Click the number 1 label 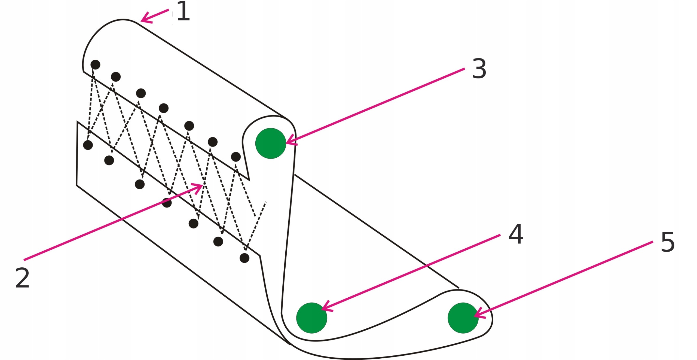[x=183, y=11]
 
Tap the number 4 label [x=516, y=234]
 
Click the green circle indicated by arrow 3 [x=271, y=143]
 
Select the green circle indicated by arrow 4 [x=311, y=318]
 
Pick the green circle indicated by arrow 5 [x=463, y=318]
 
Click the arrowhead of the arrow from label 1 [x=142, y=20]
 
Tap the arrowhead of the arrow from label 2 [x=201, y=185]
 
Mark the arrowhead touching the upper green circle [x=288, y=142]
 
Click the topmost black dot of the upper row [x=95, y=65]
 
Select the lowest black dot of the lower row [x=244, y=258]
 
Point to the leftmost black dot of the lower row [x=88, y=145]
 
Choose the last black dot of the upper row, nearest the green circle [x=236, y=157]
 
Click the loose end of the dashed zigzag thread [x=265, y=202]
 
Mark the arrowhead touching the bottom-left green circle [x=323, y=309]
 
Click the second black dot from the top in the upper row [x=116, y=77]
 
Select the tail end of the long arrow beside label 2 [x=25, y=260]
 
